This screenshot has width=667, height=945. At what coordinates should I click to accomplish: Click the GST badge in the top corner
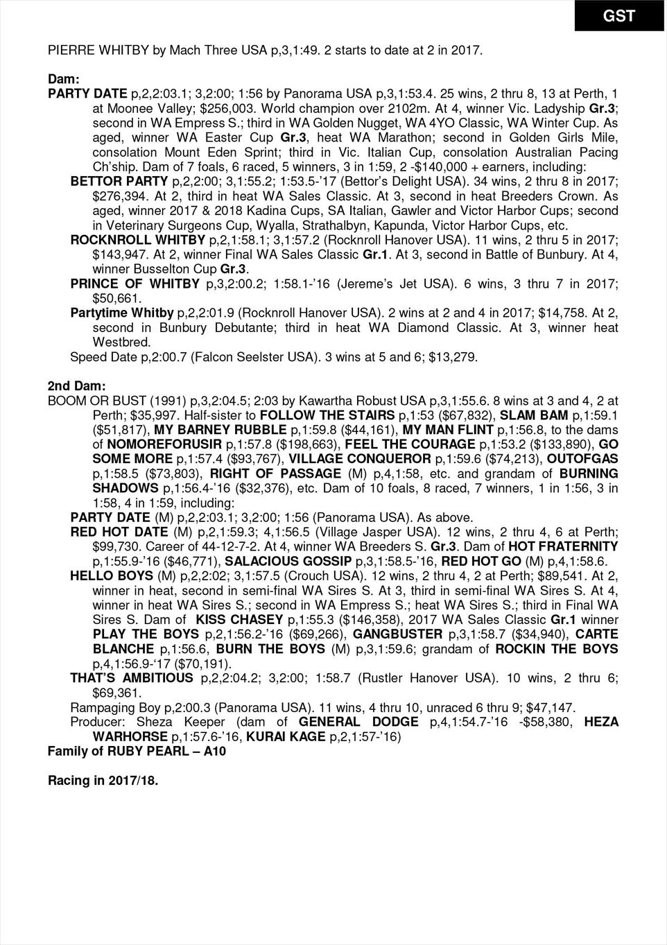[x=619, y=15]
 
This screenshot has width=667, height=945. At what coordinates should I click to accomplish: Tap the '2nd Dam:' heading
[x=76, y=385]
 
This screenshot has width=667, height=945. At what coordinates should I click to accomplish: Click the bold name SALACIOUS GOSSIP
[x=288, y=561]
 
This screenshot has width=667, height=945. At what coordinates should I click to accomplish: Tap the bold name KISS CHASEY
[x=238, y=620]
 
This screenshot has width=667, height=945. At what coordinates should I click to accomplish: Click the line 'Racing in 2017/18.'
[x=103, y=781]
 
